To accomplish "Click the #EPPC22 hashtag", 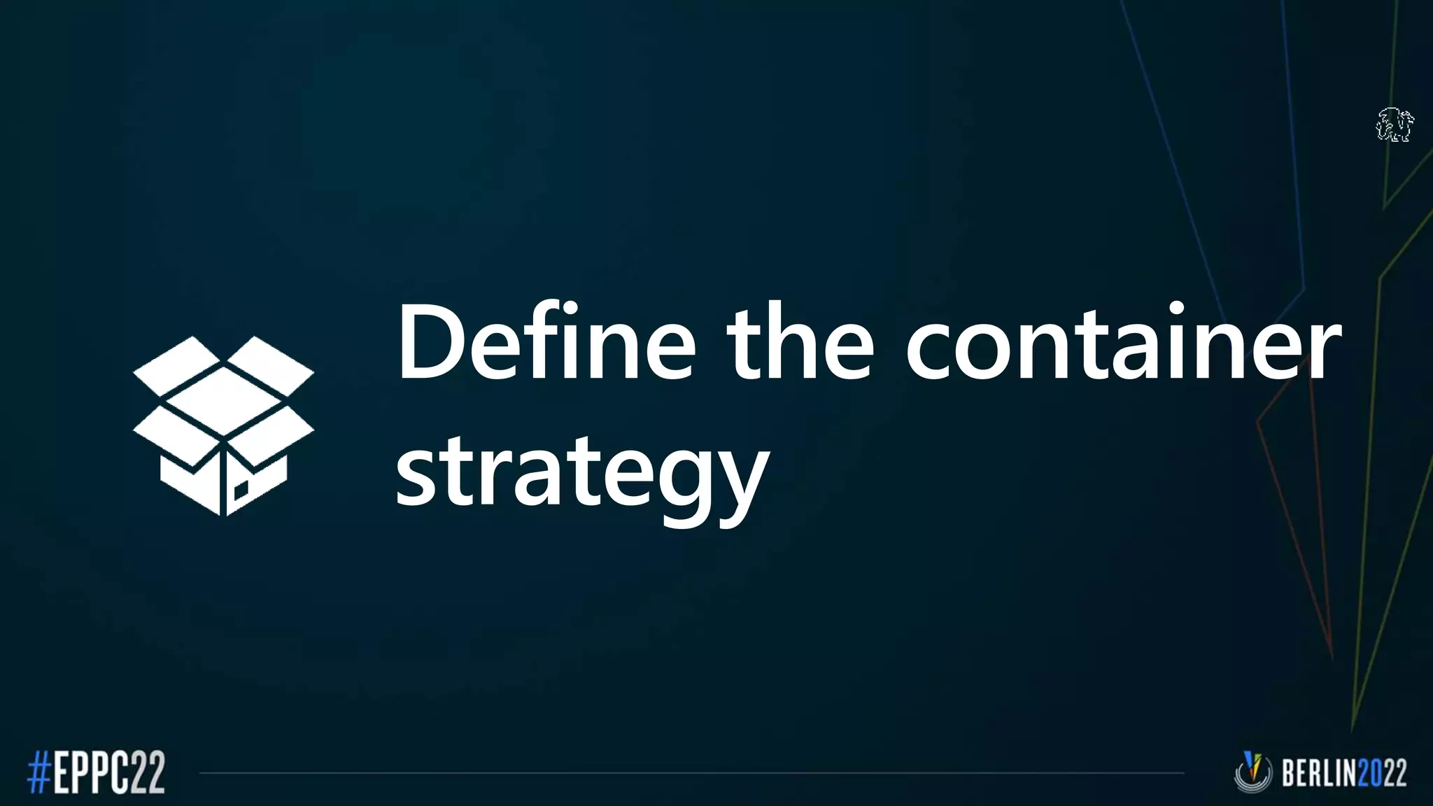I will coord(96,772).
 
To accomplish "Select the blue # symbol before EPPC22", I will coord(38,772).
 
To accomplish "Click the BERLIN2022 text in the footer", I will coord(1343,773).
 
